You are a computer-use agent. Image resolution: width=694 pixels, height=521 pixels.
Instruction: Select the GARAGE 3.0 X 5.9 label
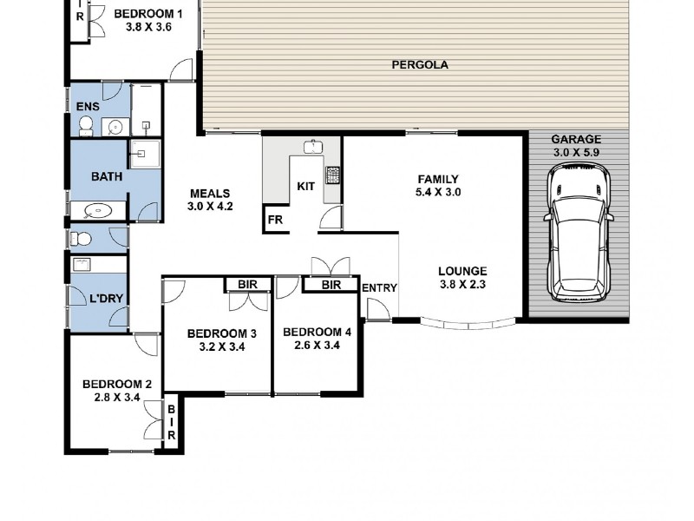576,145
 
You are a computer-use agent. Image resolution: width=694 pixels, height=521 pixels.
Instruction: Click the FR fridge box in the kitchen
275,221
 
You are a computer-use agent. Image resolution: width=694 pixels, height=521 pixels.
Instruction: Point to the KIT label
305,186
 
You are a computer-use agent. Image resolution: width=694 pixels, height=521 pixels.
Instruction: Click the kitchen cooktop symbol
333,175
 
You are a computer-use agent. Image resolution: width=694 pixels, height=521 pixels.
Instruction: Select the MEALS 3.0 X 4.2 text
211,200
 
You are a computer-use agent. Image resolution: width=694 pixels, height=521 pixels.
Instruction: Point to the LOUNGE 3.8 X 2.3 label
462,277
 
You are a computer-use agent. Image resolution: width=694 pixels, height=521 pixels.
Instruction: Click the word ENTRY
379,288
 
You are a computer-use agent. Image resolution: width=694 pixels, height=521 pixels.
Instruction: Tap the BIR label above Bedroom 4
331,284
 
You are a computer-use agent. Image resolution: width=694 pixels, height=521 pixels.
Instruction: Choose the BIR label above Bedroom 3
246,284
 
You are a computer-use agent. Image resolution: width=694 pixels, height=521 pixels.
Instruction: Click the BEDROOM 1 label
148,15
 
